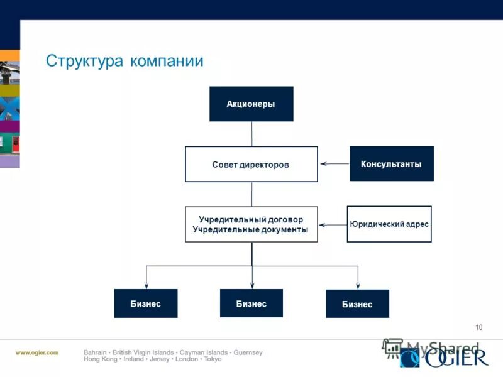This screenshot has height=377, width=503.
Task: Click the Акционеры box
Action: [251, 104]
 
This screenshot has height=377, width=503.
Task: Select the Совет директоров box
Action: [251, 164]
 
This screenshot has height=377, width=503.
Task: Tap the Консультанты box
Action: [391, 164]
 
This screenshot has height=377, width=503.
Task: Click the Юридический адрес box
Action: [389, 224]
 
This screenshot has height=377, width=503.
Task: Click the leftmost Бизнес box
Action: [145, 303]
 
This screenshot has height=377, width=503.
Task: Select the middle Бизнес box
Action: [251, 303]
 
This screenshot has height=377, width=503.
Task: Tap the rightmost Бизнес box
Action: [357, 304]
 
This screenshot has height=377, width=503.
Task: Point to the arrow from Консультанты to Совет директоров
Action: [334, 164]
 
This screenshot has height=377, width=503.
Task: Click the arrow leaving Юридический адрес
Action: [333, 224]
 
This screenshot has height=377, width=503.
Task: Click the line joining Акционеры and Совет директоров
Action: [251, 134]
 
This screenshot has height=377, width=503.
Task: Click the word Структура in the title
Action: [85, 61]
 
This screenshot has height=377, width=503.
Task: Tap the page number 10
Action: [479, 327]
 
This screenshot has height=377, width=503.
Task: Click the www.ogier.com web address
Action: [37, 352]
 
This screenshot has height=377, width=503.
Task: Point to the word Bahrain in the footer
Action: [95, 352]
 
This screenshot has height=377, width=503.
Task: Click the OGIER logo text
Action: [455, 358]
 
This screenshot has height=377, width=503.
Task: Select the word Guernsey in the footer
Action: [248, 352]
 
